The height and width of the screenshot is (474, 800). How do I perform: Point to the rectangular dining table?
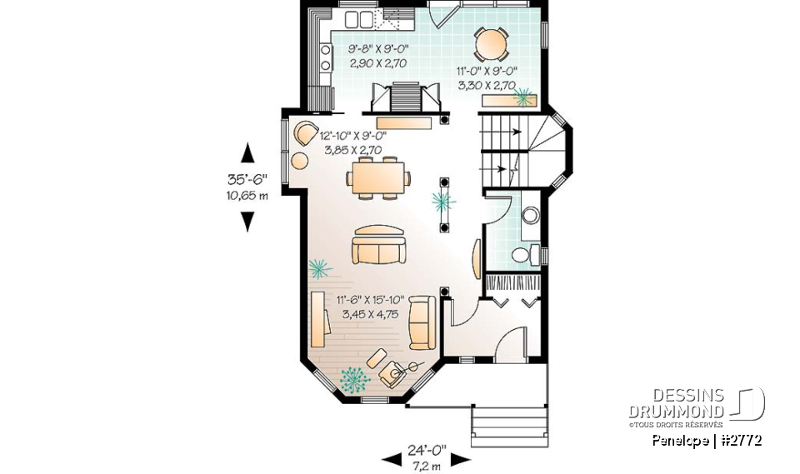click(x=379, y=177)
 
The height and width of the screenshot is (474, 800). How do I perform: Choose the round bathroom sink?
click(x=528, y=217)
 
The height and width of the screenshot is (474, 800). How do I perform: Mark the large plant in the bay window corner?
click(x=356, y=380)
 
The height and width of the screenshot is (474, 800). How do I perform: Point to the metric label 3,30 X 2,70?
click(x=486, y=84)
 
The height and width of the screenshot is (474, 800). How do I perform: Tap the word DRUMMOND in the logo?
click(x=675, y=411)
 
